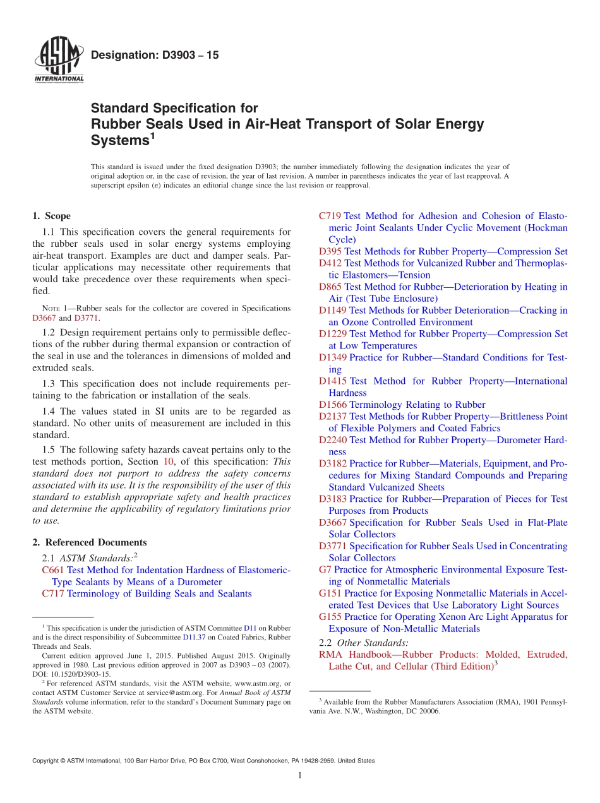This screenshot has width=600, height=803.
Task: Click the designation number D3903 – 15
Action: [x=155, y=56]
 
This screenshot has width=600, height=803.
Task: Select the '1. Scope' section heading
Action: [x=52, y=216]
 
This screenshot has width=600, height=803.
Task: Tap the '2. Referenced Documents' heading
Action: [x=90, y=542]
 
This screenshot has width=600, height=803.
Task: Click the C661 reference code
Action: [x=53, y=570]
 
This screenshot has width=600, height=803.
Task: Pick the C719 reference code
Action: [x=330, y=216]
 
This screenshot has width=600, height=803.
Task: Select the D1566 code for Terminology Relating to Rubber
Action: [x=333, y=405]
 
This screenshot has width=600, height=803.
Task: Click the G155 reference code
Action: [x=330, y=617]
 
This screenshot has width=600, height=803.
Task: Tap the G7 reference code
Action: [x=325, y=570]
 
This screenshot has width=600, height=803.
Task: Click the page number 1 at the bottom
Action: [x=300, y=776]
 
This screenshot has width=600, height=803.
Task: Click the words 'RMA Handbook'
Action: [x=357, y=655]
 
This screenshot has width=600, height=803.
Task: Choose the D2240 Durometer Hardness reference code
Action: [x=333, y=440]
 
